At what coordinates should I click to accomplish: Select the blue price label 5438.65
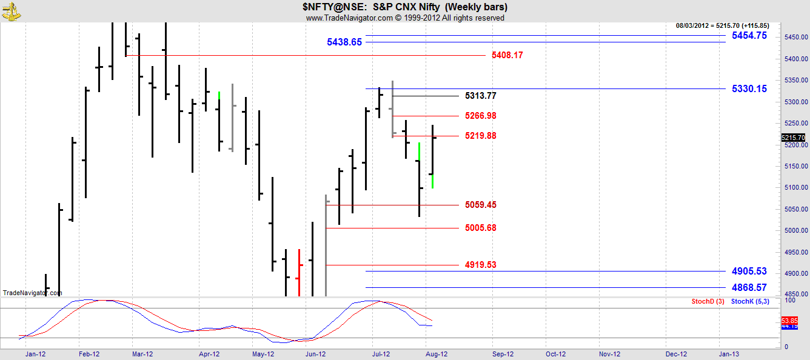[344, 42]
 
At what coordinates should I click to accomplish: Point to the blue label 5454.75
[749, 36]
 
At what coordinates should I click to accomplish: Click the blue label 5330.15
[749, 88]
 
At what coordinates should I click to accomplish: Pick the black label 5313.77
[481, 96]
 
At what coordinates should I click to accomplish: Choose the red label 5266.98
[481, 116]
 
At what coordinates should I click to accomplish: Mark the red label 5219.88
[481, 136]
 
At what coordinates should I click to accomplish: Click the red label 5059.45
[481, 205]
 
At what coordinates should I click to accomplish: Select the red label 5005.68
[481, 228]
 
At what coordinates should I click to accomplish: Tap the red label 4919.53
[481, 265]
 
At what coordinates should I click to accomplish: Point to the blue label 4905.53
[749, 271]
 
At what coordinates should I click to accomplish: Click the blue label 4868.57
[749, 287]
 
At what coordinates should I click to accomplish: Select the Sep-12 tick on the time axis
[503, 354]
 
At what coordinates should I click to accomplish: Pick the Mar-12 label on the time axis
[142, 354]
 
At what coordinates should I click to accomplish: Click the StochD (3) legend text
[706, 301]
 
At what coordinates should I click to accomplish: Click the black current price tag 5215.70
[794, 138]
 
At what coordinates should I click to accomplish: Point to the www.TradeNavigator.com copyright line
[405, 18]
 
